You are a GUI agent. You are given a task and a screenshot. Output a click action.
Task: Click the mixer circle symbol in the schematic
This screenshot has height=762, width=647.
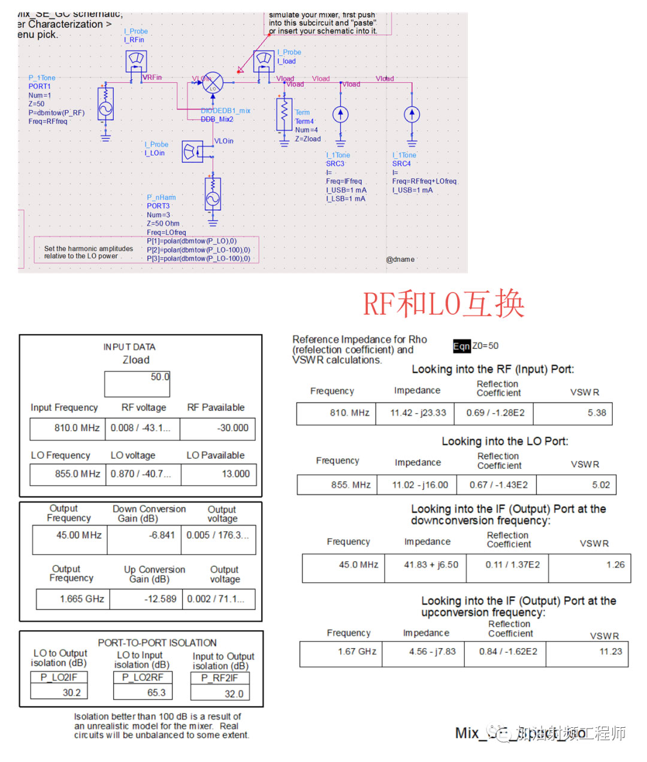(212, 83)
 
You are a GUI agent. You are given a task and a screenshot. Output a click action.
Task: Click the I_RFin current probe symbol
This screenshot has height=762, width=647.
(136, 61)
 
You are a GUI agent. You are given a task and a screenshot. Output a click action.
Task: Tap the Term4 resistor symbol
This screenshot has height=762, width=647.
(284, 114)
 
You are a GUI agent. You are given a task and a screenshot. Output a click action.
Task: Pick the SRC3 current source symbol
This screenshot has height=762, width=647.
(340, 114)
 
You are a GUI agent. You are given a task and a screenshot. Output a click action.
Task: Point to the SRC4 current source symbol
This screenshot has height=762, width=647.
(412, 114)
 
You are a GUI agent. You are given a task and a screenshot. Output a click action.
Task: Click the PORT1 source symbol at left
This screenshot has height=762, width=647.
(105, 109)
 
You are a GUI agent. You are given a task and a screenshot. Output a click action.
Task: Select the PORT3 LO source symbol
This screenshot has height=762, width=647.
(213, 192)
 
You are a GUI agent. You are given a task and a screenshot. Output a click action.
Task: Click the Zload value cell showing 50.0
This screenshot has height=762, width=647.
(137, 383)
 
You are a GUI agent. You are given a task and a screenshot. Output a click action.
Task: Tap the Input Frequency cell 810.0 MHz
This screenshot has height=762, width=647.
(68, 428)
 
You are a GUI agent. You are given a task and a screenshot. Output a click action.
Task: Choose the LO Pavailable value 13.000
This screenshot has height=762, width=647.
(219, 474)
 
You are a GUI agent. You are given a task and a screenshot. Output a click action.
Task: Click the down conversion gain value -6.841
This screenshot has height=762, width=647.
(144, 535)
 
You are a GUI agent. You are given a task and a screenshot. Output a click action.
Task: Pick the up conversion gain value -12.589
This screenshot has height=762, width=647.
(146, 598)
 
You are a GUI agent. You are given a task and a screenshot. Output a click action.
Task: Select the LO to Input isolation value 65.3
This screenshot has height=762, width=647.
(143, 692)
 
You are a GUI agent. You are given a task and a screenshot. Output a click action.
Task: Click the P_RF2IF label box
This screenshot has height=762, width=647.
(220, 678)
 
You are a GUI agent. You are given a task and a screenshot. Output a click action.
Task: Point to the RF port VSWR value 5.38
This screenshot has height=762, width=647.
(572, 413)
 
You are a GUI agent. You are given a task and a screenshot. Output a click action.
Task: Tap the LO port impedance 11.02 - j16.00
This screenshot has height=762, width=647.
(416, 485)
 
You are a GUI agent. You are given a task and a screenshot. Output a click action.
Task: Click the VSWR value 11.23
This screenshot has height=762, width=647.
(587, 652)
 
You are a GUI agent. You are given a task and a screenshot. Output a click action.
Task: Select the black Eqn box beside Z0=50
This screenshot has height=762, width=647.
(462, 346)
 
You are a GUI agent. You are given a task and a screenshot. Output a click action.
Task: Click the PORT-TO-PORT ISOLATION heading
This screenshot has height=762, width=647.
(158, 642)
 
